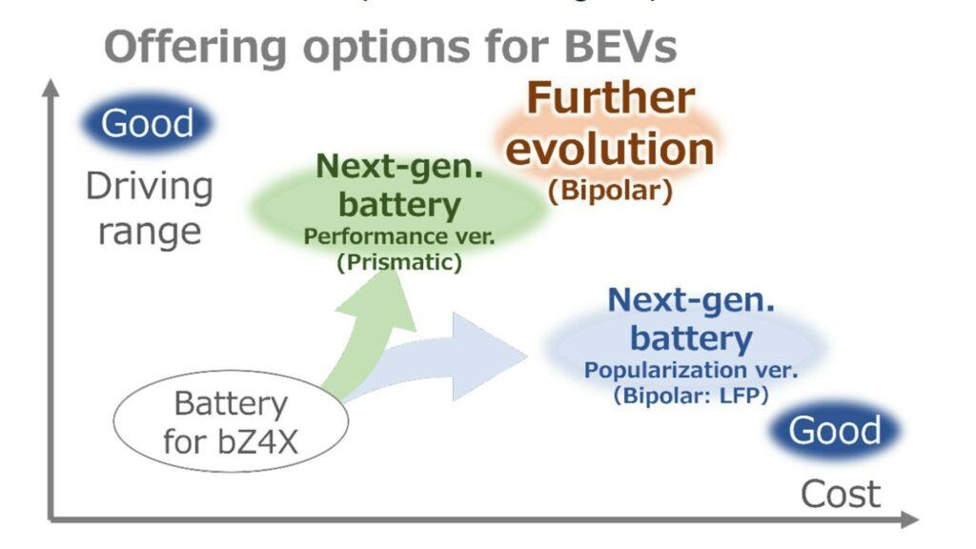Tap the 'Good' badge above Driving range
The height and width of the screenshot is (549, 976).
(x=147, y=123)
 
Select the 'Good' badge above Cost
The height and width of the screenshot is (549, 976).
(x=835, y=431)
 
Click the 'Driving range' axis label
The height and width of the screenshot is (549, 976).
(x=150, y=208)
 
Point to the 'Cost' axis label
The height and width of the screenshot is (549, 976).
(x=840, y=495)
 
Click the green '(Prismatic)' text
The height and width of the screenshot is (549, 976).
(x=398, y=263)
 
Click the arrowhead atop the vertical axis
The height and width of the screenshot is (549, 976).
(x=51, y=88)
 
